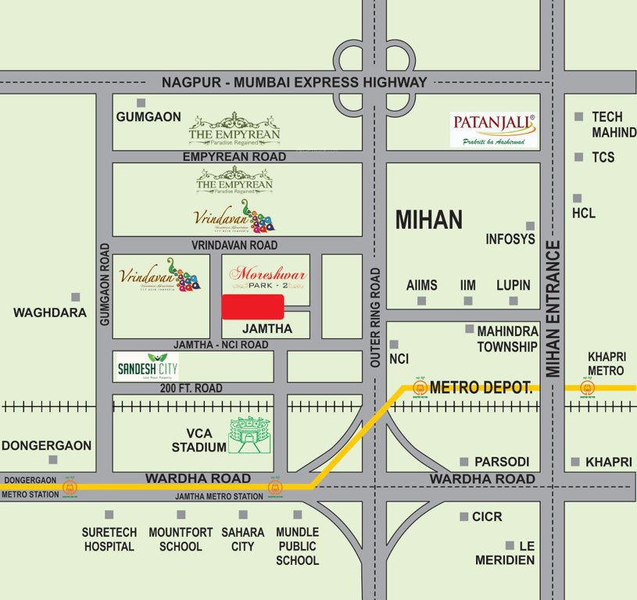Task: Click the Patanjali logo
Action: (494, 129)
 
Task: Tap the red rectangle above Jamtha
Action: (252, 307)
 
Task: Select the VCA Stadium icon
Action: (252, 436)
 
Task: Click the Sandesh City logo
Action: (146, 366)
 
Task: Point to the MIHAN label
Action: (428, 220)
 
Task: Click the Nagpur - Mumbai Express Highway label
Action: (294, 82)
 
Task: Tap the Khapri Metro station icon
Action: (587, 387)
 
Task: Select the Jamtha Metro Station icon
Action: (274, 487)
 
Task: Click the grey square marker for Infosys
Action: (530, 225)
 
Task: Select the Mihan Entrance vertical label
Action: (553, 309)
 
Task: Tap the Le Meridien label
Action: (505, 552)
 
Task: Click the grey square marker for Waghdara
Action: (76, 297)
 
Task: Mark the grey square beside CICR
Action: (463, 516)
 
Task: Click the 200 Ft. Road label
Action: (191, 388)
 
